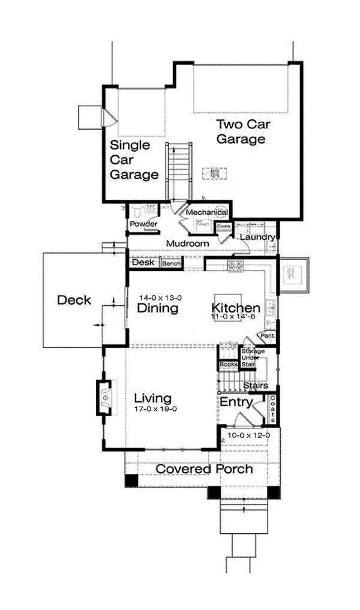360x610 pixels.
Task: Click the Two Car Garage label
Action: click(241, 132)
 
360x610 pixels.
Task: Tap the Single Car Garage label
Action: click(134, 160)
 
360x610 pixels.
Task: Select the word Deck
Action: click(74, 300)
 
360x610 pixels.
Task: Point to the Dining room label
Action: click(157, 309)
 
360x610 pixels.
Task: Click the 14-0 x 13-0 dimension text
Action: click(160, 298)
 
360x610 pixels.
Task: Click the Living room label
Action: click(152, 398)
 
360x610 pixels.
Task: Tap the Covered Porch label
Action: click(204, 469)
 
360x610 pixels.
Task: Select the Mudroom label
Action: click(187, 244)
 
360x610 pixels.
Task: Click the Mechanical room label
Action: click(206, 213)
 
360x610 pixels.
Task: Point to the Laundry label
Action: click(257, 238)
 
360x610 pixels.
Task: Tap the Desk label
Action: click(143, 263)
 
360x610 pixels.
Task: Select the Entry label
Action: click(235, 401)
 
